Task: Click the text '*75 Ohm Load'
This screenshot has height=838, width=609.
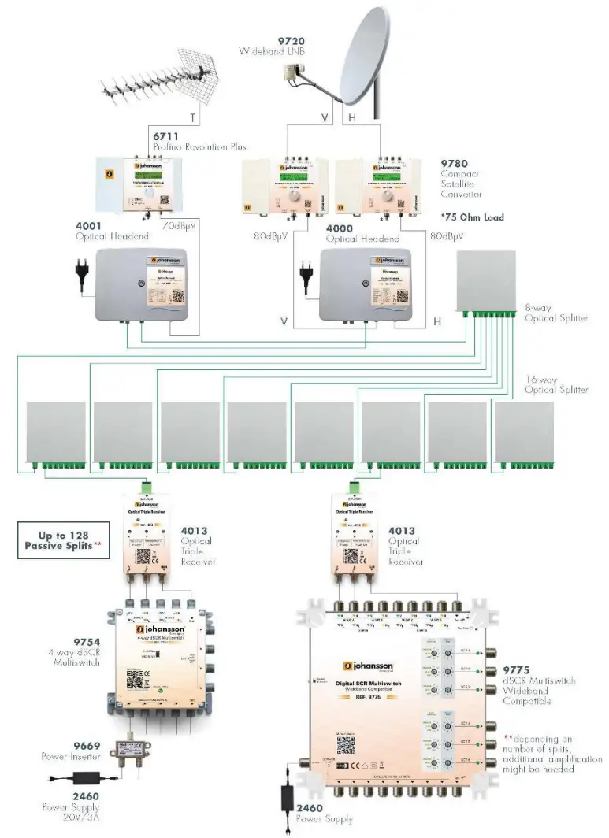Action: [472, 217]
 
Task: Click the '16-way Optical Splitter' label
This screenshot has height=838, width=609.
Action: [556, 384]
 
